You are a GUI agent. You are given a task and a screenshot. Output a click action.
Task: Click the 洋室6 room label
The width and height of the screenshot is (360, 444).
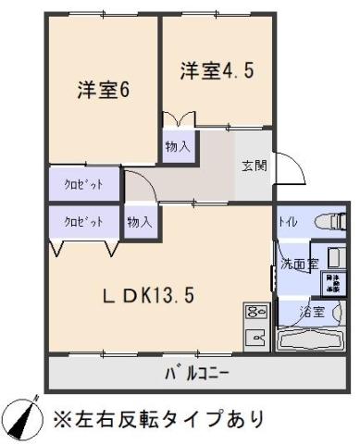(x=102, y=91)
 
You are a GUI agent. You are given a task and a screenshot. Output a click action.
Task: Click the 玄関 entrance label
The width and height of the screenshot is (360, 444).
(x=254, y=166)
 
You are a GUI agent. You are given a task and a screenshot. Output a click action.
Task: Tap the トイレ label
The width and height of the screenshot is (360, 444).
(x=288, y=223)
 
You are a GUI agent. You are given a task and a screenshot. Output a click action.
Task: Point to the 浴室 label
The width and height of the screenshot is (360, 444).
(x=311, y=312)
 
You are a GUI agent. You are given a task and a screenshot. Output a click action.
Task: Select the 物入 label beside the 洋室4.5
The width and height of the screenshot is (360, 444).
(x=178, y=146)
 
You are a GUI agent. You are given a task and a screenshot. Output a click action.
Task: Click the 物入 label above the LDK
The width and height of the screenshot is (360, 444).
(x=140, y=222)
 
